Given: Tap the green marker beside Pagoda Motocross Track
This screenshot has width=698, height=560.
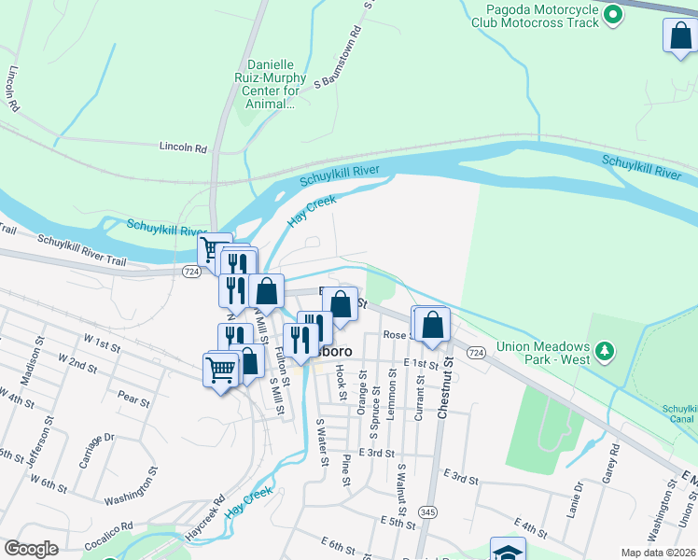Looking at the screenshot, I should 613,14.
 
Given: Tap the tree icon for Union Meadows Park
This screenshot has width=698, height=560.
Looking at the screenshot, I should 606,351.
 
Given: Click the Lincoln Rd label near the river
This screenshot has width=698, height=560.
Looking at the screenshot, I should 183,147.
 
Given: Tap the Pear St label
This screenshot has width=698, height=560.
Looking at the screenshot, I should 134,401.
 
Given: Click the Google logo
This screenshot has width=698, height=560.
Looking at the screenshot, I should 31,549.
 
